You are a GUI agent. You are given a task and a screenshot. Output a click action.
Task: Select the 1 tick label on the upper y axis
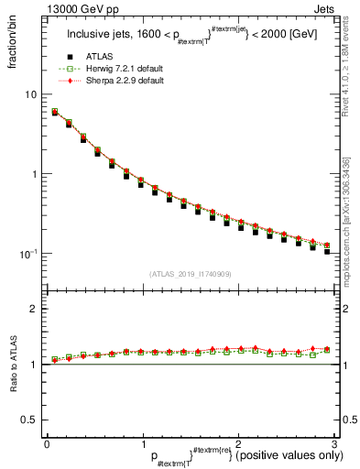[x=34, y=174]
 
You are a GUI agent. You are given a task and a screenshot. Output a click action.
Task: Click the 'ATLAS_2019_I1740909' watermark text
[x=190, y=274]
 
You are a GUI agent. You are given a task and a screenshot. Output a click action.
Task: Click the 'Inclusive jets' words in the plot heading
[x=96, y=35]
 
